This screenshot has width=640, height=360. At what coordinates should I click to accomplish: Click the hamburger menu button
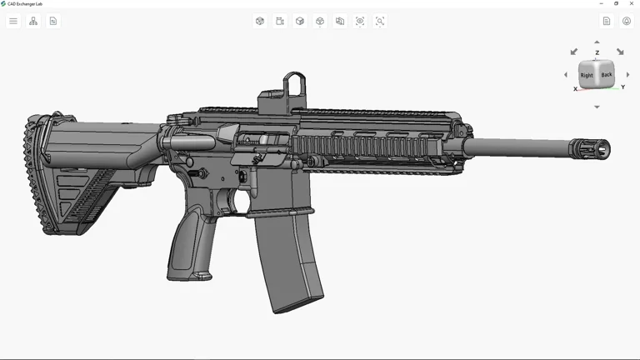[13, 21]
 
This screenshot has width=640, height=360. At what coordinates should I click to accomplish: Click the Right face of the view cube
[587, 75]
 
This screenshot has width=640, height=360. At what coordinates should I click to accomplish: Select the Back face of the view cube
[606, 74]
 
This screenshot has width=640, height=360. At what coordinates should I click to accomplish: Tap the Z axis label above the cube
[597, 52]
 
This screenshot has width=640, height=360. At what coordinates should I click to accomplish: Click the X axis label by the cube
[575, 89]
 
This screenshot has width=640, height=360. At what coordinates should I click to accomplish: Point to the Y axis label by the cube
[622, 87]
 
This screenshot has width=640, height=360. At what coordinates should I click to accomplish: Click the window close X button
[632, 3]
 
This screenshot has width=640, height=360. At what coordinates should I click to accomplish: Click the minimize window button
[601, 3]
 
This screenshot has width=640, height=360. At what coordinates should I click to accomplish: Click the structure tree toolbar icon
[33, 21]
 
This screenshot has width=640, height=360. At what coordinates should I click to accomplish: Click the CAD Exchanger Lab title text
[25, 4]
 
